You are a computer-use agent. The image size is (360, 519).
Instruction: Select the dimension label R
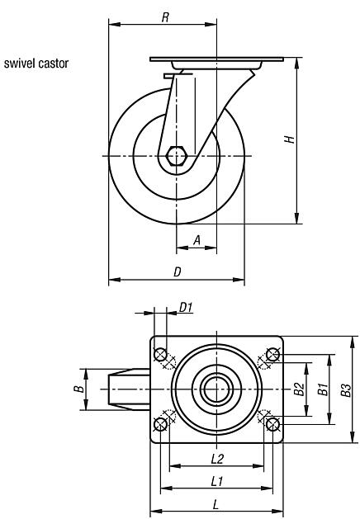click(166, 17)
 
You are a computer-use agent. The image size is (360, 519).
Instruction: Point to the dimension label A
click(197, 239)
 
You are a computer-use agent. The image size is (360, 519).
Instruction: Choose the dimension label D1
click(186, 308)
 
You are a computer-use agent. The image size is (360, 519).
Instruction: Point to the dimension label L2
click(217, 458)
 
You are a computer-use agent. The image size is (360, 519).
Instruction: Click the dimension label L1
click(217, 480)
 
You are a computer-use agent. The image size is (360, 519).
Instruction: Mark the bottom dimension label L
click(217, 502)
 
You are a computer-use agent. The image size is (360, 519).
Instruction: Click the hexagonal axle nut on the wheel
click(176, 156)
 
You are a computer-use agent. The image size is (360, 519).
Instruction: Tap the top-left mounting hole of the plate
click(161, 355)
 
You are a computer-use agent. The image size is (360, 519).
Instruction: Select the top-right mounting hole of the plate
click(273, 355)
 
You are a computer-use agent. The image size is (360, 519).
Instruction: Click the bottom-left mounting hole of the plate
click(161, 424)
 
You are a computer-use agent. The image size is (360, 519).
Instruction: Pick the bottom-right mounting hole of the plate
click(273, 424)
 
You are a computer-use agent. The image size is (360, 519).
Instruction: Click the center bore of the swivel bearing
click(217, 389)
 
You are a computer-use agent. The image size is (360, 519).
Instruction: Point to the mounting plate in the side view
click(216, 59)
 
